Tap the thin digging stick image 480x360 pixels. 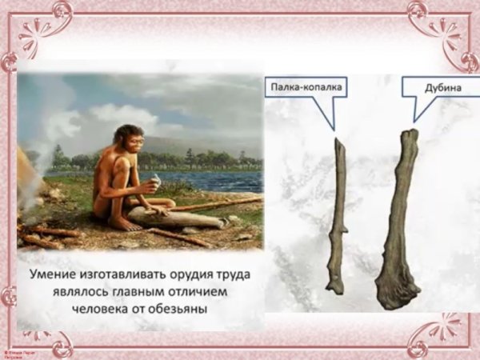pyautogui.click(x=338, y=216)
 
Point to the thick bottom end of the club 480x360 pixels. pyautogui.click(x=397, y=292)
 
